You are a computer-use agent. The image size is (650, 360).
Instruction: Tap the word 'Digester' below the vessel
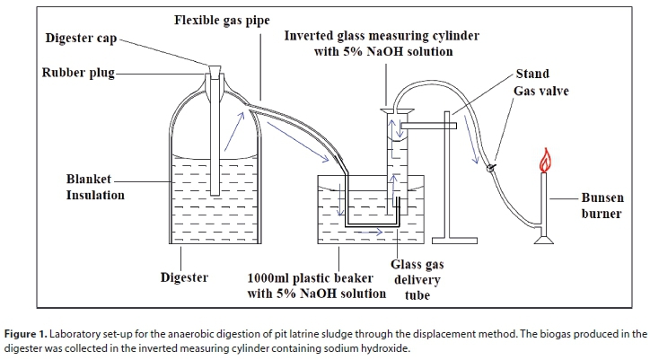(x=184, y=277)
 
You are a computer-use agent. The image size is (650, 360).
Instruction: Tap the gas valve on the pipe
(x=490, y=167)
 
